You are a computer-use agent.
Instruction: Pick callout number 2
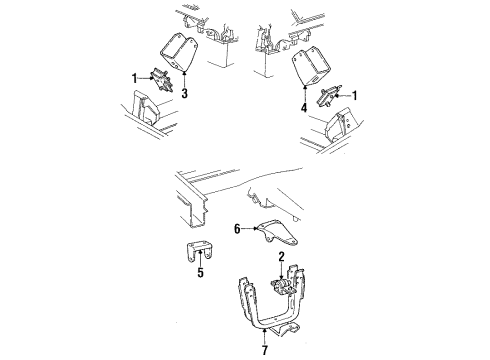click(283, 257)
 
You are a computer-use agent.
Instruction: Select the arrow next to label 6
click(250, 229)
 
